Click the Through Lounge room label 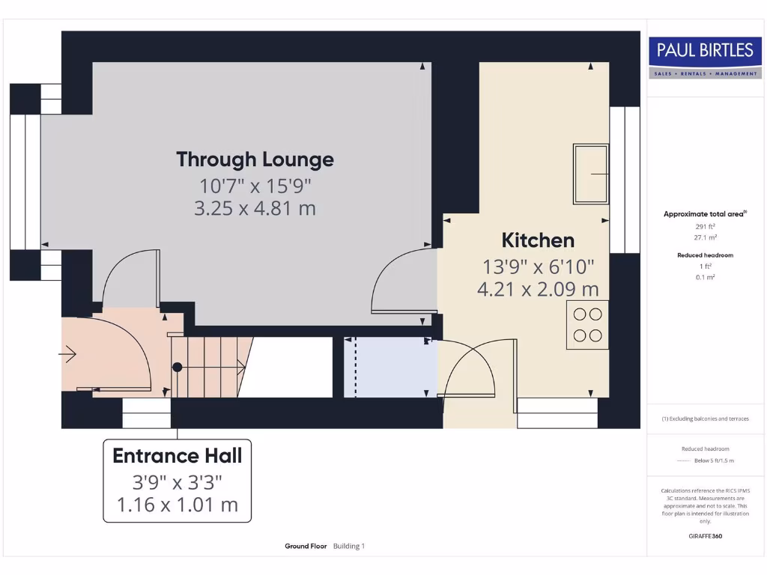(255, 159)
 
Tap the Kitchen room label (538, 240)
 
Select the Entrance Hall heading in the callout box (177, 455)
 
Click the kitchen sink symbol (591, 174)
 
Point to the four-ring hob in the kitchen (587, 325)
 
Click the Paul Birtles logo (705, 58)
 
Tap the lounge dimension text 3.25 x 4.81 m (255, 208)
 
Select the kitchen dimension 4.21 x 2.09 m (538, 288)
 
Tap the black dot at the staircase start (178, 367)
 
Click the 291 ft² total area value (705, 226)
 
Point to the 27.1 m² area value (705, 237)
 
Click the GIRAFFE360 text (705, 536)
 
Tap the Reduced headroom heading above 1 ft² (705, 255)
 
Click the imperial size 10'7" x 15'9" (255, 184)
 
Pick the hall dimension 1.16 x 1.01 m (177, 505)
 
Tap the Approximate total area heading (703, 214)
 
